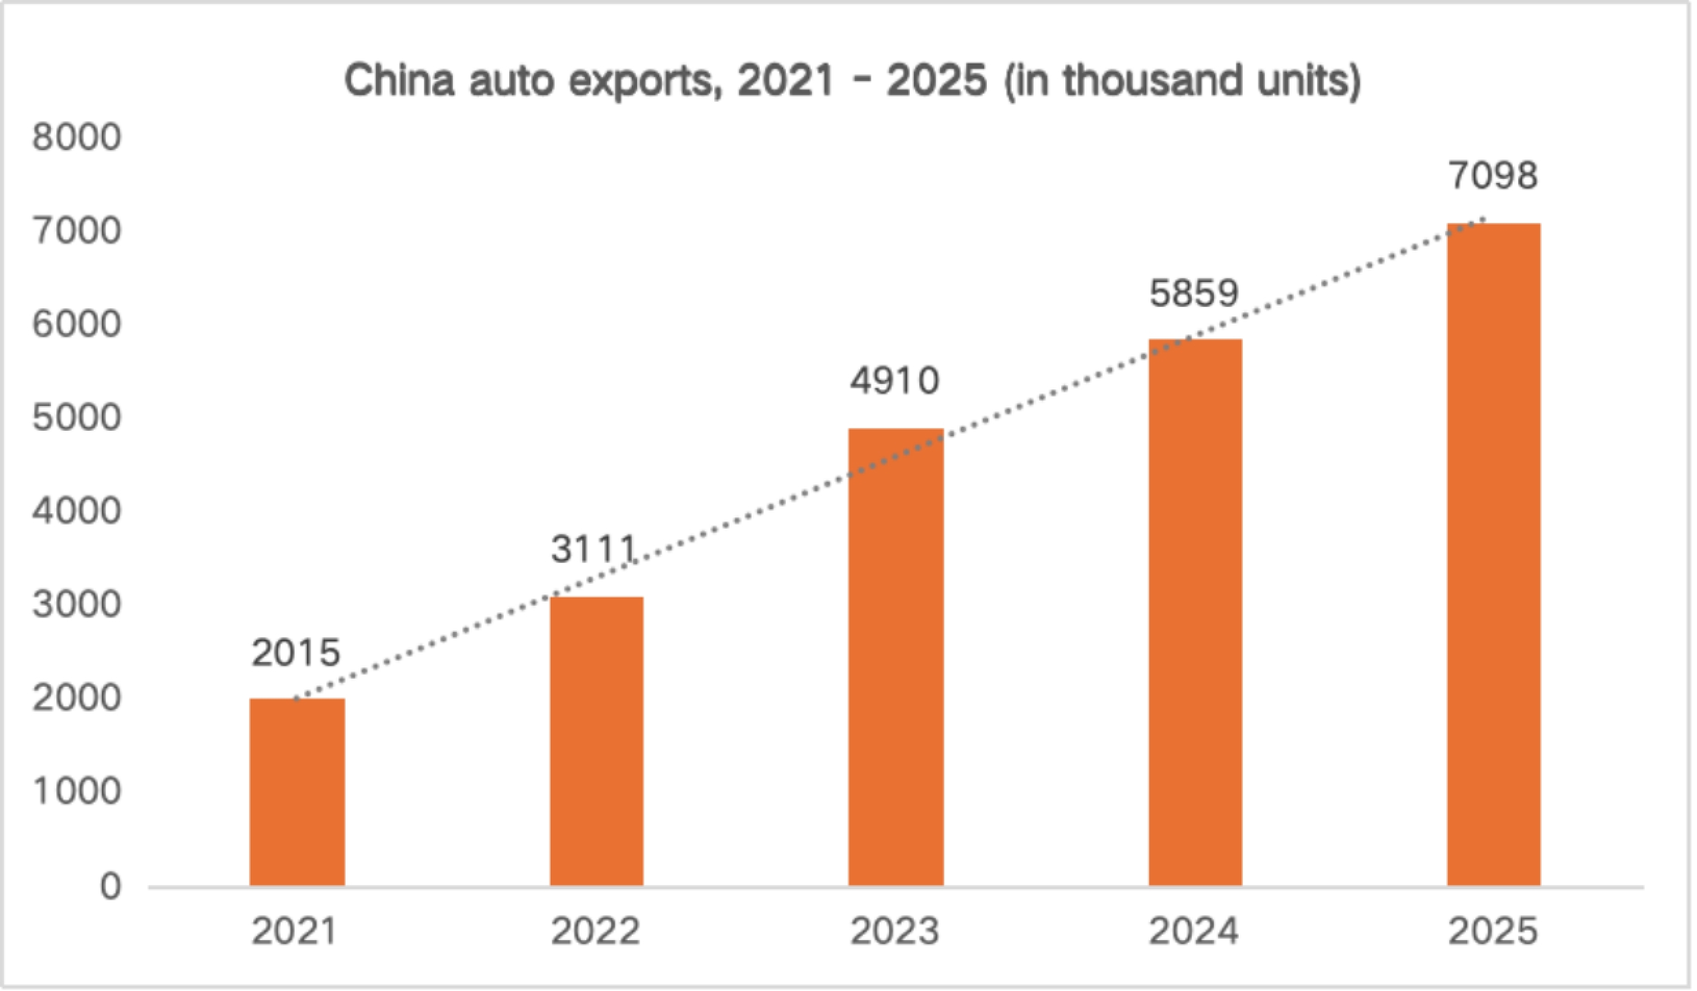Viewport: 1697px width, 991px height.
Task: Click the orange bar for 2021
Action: (x=297, y=792)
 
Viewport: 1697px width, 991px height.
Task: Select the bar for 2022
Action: (x=596, y=741)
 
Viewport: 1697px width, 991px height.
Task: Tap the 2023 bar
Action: (x=895, y=657)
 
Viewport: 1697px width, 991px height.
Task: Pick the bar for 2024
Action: (x=1195, y=612)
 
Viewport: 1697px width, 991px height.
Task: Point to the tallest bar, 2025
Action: (x=1493, y=555)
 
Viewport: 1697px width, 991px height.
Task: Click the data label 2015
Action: (x=296, y=652)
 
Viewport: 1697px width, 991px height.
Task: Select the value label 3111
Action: (x=593, y=549)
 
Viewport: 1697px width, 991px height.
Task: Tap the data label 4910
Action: (x=895, y=381)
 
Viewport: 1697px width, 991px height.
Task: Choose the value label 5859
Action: (x=1194, y=293)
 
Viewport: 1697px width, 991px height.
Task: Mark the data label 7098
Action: (x=1493, y=175)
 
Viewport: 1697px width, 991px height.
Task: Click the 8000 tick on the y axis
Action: (x=76, y=137)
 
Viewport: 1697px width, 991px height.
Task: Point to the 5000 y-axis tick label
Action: (x=76, y=418)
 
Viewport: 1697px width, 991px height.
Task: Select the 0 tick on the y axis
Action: (x=110, y=887)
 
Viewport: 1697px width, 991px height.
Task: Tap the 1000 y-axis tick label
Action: (x=76, y=792)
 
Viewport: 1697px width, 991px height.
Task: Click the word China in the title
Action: (x=400, y=81)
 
